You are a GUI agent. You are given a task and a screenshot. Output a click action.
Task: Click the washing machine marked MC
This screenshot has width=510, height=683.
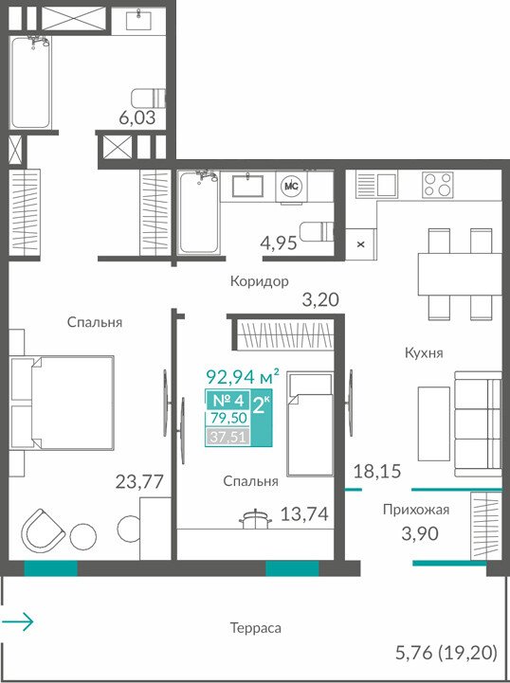tap(291, 186)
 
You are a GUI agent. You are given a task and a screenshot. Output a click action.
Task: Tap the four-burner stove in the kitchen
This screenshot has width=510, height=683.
tap(437, 185)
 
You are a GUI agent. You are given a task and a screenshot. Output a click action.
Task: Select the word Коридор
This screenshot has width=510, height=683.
tap(260, 281)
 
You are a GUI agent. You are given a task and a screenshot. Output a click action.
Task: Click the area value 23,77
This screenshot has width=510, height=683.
tap(139, 482)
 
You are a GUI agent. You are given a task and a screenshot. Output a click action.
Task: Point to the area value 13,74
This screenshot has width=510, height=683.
tap(304, 514)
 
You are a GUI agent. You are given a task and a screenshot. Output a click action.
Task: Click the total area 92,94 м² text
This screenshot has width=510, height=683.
tap(243, 376)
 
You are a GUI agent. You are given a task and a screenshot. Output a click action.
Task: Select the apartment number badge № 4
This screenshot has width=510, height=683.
tap(228, 400)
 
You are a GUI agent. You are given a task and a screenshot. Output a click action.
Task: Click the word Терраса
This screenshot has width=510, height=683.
tap(255, 628)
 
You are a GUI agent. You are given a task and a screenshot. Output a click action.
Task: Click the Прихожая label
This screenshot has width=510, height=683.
tap(416, 510)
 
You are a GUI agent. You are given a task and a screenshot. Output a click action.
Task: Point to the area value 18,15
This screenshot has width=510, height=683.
tap(377, 472)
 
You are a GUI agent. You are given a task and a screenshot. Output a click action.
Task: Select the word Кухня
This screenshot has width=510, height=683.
tap(424, 352)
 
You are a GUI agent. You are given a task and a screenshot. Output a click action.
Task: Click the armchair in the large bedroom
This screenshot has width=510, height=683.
tap(43, 530)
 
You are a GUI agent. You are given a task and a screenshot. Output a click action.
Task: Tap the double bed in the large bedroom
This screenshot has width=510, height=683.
tap(62, 403)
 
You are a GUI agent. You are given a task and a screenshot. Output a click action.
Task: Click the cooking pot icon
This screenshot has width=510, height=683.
tap(255, 518)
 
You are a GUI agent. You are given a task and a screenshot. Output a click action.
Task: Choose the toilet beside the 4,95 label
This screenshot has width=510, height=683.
tap(317, 232)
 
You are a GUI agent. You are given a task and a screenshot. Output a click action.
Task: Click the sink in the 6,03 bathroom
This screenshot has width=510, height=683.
tap(138, 20)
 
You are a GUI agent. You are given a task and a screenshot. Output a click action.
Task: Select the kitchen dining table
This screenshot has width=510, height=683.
tap(460, 274)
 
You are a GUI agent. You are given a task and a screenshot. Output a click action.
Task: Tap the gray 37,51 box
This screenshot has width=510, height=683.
tap(228, 436)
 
